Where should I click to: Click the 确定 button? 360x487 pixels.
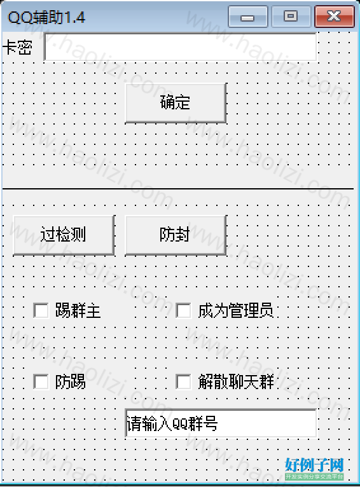(x=176, y=103)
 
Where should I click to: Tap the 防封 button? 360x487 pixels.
(x=176, y=235)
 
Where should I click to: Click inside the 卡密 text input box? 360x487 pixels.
(x=181, y=46)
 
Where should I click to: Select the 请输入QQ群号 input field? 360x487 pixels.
(x=221, y=423)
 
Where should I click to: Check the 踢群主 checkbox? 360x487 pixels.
(x=41, y=310)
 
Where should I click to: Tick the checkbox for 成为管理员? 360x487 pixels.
(x=183, y=310)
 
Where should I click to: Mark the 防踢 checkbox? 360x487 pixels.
(x=41, y=381)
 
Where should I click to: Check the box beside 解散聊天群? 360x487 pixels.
(x=183, y=381)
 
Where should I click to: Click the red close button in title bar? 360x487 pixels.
(x=335, y=17)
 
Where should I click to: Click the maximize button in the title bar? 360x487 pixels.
(x=291, y=17)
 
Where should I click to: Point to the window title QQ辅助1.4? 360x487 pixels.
(x=46, y=17)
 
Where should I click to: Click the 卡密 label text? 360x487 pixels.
(x=17, y=48)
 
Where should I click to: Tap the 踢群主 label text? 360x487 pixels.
(x=78, y=311)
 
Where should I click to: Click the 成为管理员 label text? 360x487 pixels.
(x=236, y=311)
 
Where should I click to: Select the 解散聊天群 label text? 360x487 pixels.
(x=236, y=381)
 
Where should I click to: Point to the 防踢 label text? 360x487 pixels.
(x=70, y=381)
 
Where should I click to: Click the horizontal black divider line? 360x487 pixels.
(x=178, y=189)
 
